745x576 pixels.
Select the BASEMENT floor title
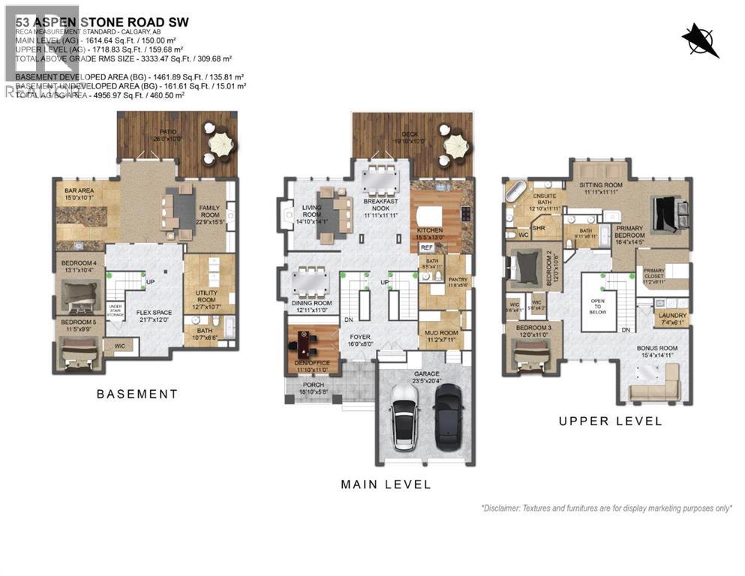coord(137,394)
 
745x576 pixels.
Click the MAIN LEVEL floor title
coord(386,484)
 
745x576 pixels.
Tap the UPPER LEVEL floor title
coord(610,421)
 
